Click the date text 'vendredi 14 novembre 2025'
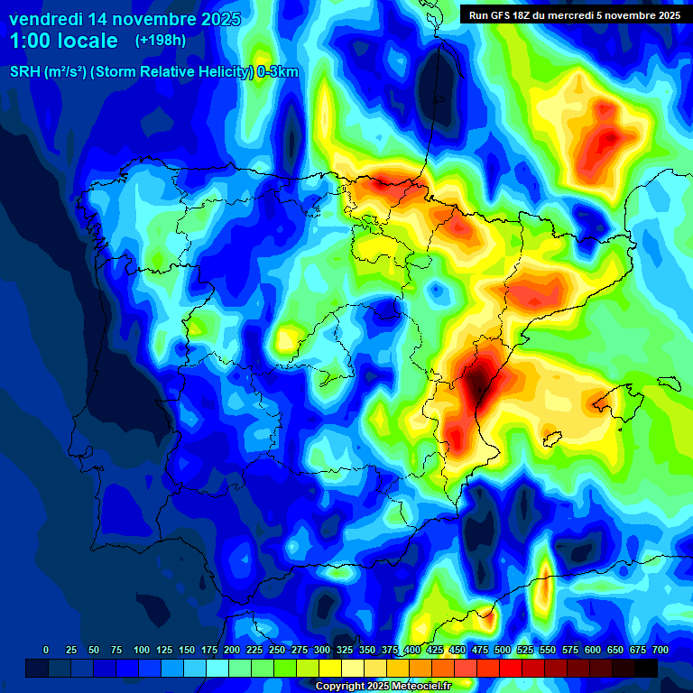[125, 18]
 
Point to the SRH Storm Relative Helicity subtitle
[153, 72]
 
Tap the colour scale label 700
[660, 650]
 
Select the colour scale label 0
[46, 650]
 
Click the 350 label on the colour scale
[367, 650]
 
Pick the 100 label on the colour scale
[141, 650]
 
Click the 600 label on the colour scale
[592, 650]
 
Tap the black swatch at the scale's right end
[646, 668]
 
